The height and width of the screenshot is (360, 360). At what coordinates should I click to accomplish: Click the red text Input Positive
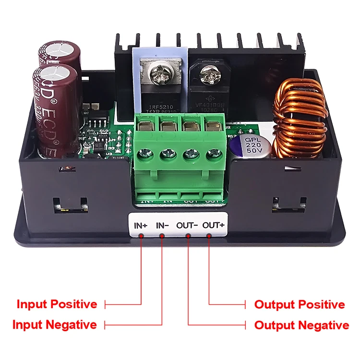(x=57, y=304)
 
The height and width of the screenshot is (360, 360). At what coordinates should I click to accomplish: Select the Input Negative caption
(x=54, y=325)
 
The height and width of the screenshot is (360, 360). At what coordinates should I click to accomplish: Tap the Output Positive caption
(x=300, y=304)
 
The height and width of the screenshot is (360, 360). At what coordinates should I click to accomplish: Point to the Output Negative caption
(x=301, y=325)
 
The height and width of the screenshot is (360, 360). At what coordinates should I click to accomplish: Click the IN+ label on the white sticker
(x=141, y=225)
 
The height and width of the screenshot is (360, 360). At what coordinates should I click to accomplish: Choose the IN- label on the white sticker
(x=162, y=225)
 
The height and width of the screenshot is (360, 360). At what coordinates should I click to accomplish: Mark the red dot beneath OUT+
(x=210, y=235)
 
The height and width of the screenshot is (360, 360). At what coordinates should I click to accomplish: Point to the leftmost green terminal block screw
(x=144, y=154)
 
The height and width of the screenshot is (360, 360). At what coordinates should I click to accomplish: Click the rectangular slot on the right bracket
(x=288, y=206)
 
